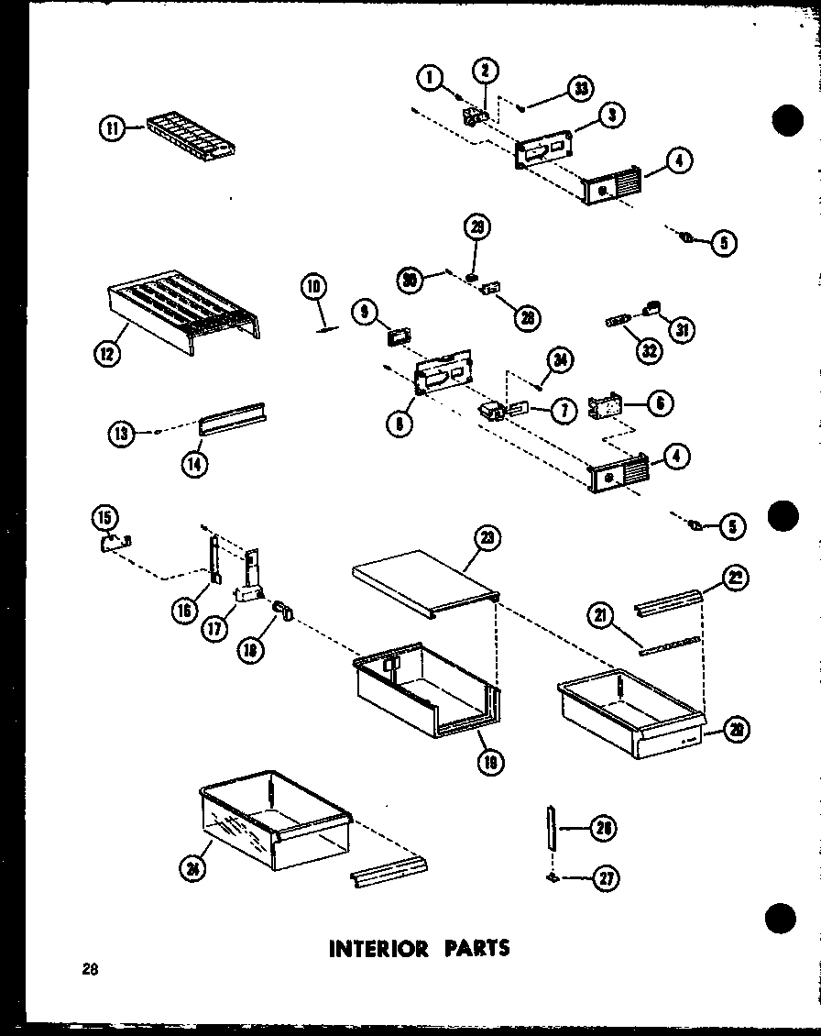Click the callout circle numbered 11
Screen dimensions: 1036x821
[x=111, y=130]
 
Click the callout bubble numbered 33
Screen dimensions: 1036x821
[x=579, y=88]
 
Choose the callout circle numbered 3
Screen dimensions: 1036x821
[x=611, y=115]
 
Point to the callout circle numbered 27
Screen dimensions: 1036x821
[x=606, y=878]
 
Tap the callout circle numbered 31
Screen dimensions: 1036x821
[x=681, y=329]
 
